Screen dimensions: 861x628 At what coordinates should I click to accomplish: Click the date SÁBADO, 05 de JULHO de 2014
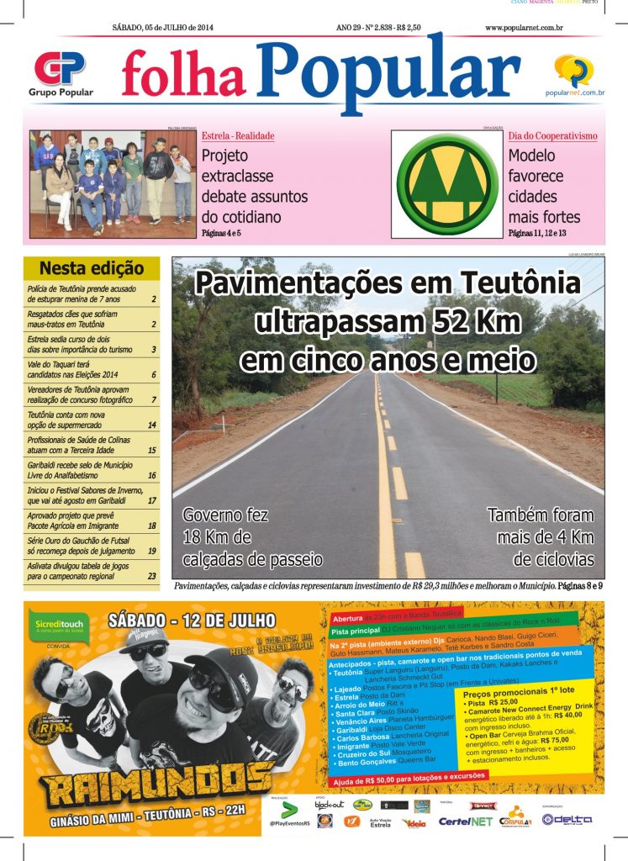click(162, 28)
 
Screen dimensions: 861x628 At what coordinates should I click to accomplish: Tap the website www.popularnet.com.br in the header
click(523, 28)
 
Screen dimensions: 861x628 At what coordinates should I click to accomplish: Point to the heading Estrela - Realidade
click(238, 135)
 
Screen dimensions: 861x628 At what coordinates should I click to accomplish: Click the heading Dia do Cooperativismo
click(552, 135)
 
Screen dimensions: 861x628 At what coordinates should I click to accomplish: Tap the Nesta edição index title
click(92, 269)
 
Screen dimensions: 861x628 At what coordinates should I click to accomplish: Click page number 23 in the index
click(152, 577)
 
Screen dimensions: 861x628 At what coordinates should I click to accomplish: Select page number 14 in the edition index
click(151, 425)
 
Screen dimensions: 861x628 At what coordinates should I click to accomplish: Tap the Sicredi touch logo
click(55, 624)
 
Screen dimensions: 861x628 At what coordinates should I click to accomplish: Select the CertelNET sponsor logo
click(466, 821)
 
